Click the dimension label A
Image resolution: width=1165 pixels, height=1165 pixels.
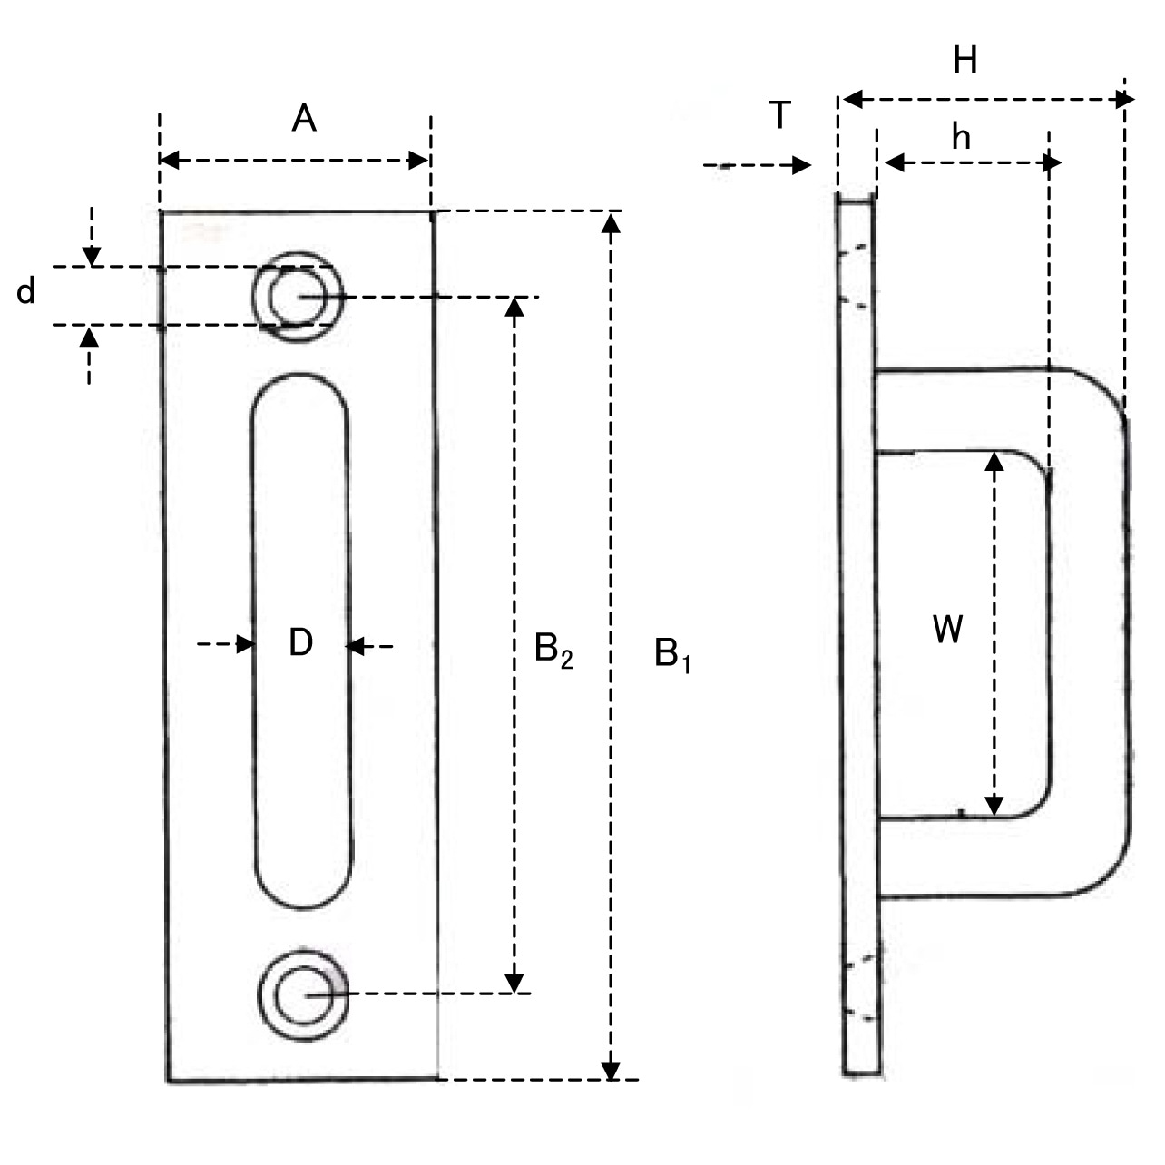[x=304, y=118]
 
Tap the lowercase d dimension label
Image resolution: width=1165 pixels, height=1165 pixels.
[x=26, y=291]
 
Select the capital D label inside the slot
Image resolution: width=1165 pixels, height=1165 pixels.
[x=300, y=642]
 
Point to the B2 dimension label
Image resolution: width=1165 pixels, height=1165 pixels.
[x=553, y=650]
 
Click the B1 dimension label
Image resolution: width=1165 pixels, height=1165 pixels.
[x=672, y=654]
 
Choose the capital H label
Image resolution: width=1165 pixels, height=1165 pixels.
[x=964, y=61]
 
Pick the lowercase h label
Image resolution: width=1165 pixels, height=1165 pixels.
[x=961, y=137]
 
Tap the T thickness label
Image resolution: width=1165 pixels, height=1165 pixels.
[x=779, y=116]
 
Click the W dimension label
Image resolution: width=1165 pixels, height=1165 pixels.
[x=948, y=629]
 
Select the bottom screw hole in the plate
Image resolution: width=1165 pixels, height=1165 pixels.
[x=303, y=995]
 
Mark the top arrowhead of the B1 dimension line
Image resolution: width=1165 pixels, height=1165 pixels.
[x=612, y=222]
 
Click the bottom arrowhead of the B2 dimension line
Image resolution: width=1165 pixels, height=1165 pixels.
[x=514, y=983]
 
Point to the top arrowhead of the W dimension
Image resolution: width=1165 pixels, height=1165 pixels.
[x=995, y=462]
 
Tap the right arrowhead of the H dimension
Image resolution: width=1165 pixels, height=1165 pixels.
[x=1125, y=99]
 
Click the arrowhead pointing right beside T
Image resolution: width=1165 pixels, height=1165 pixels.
[x=802, y=165]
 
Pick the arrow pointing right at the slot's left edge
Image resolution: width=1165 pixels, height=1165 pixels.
[x=245, y=644]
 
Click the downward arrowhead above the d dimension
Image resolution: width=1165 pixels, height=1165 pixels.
[x=90, y=257]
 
